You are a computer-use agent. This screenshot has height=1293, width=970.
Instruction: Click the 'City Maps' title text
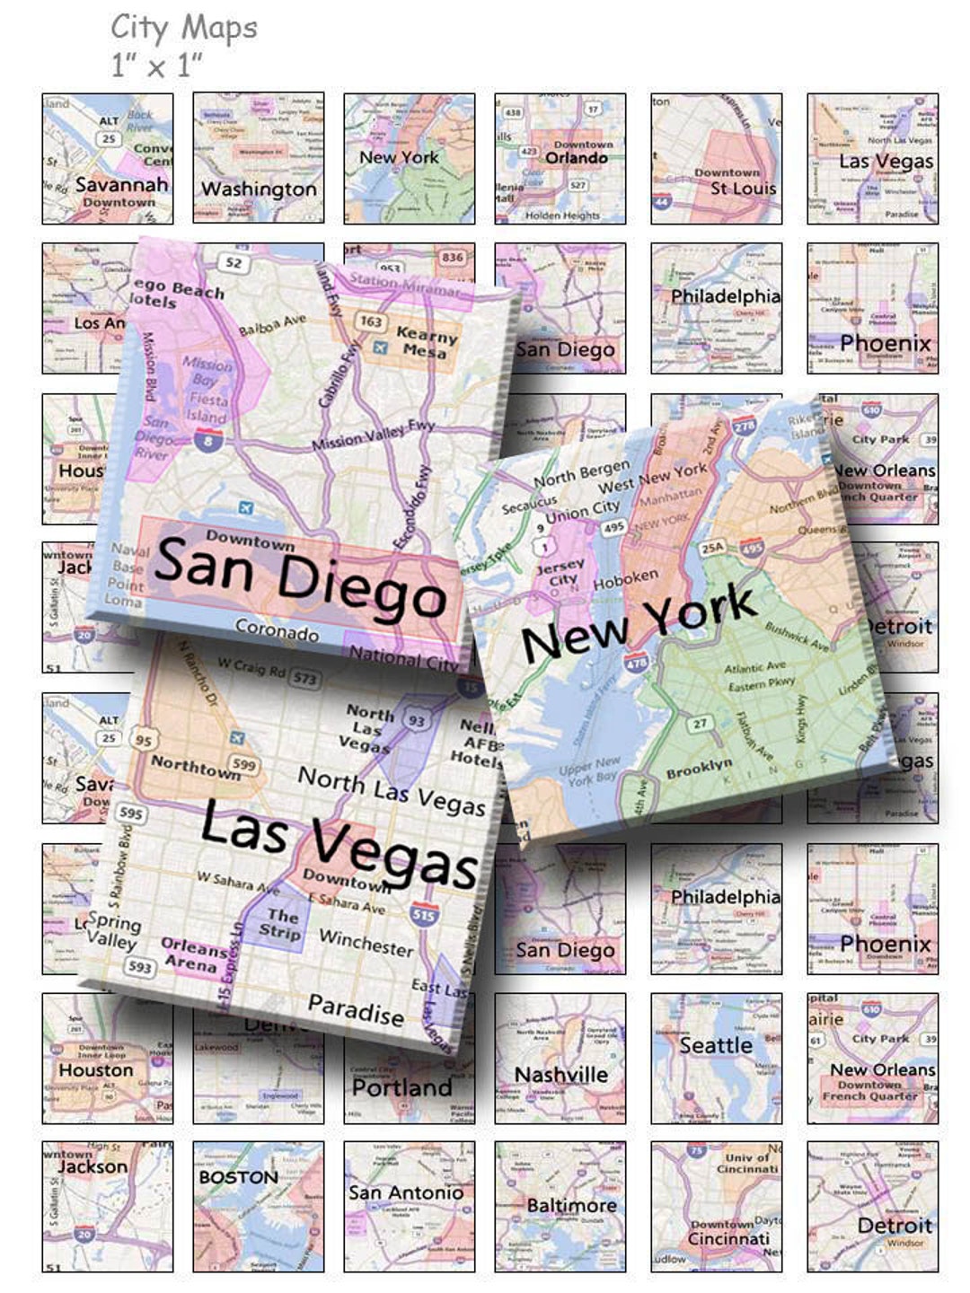tap(183, 28)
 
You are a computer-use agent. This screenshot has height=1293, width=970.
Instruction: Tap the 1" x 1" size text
tap(156, 65)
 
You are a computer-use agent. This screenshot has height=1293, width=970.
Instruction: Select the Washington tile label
tap(259, 189)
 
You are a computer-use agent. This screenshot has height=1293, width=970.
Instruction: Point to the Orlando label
tap(576, 158)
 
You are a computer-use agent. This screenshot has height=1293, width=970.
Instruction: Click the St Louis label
tap(743, 189)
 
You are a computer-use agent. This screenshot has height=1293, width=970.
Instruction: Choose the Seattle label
tap(716, 1045)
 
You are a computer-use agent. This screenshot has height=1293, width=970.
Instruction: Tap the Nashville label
tap(560, 1074)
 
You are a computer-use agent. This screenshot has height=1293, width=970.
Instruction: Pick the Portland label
tap(401, 1087)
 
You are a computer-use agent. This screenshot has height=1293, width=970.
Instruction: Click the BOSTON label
tap(238, 1177)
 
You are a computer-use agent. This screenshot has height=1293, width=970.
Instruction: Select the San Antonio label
tap(406, 1192)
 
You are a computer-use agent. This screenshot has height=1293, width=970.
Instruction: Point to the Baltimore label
tap(571, 1205)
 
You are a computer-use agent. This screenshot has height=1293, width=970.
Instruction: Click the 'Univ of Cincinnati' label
tap(746, 1164)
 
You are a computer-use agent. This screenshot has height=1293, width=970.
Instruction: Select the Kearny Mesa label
tap(427, 343)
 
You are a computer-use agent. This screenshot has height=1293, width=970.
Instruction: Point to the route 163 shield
tap(371, 321)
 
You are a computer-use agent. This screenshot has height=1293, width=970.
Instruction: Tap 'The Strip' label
tap(280, 924)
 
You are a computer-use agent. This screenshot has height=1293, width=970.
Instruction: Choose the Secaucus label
tap(529, 506)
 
